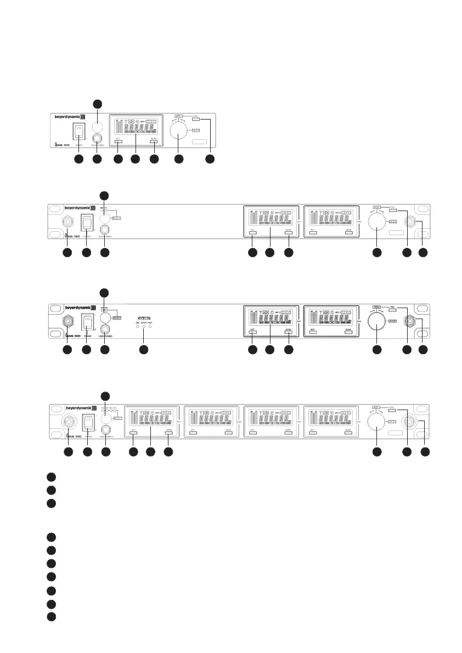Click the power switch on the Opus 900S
[80, 130]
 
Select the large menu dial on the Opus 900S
[178, 130]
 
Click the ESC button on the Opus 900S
[196, 119]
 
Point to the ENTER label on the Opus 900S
[196, 130]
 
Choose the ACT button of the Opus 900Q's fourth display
[313, 433]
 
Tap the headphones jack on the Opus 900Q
[106, 429]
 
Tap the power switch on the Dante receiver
[87, 321]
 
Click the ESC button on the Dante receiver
[392, 310]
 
